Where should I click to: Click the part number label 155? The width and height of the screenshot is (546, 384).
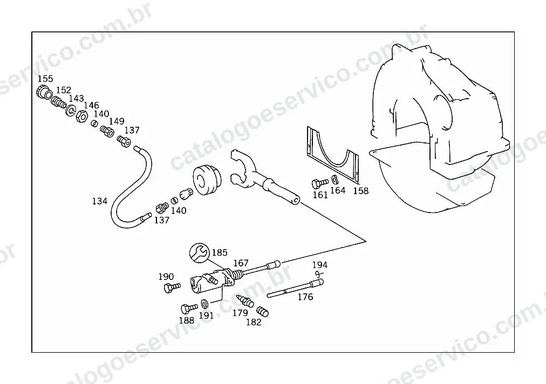tap(45, 79)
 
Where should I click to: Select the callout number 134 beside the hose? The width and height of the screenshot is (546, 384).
tap(100, 201)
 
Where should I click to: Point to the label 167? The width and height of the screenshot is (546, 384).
tap(241, 263)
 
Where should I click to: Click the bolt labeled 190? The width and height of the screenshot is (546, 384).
tap(172, 287)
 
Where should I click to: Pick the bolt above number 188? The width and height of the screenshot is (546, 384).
tap(189, 308)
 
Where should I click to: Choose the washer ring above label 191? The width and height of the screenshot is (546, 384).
tap(205, 303)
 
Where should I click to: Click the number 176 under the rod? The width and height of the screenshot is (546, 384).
tap(305, 297)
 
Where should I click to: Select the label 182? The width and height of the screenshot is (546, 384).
tap(254, 323)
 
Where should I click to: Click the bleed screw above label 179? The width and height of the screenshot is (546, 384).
tap(245, 301)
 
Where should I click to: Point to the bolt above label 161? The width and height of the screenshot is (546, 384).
tap(319, 183)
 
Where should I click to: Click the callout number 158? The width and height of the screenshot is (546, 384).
tap(361, 191)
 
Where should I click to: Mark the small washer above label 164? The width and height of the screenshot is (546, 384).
tap(335, 179)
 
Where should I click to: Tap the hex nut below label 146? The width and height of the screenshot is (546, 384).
tap(81, 116)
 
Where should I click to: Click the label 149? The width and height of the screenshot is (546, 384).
tap(117, 121)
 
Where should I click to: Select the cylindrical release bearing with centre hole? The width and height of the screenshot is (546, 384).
tap(206, 180)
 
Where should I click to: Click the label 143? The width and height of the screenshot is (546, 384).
tap(76, 99)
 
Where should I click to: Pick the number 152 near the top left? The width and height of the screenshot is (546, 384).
tap(63, 90)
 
